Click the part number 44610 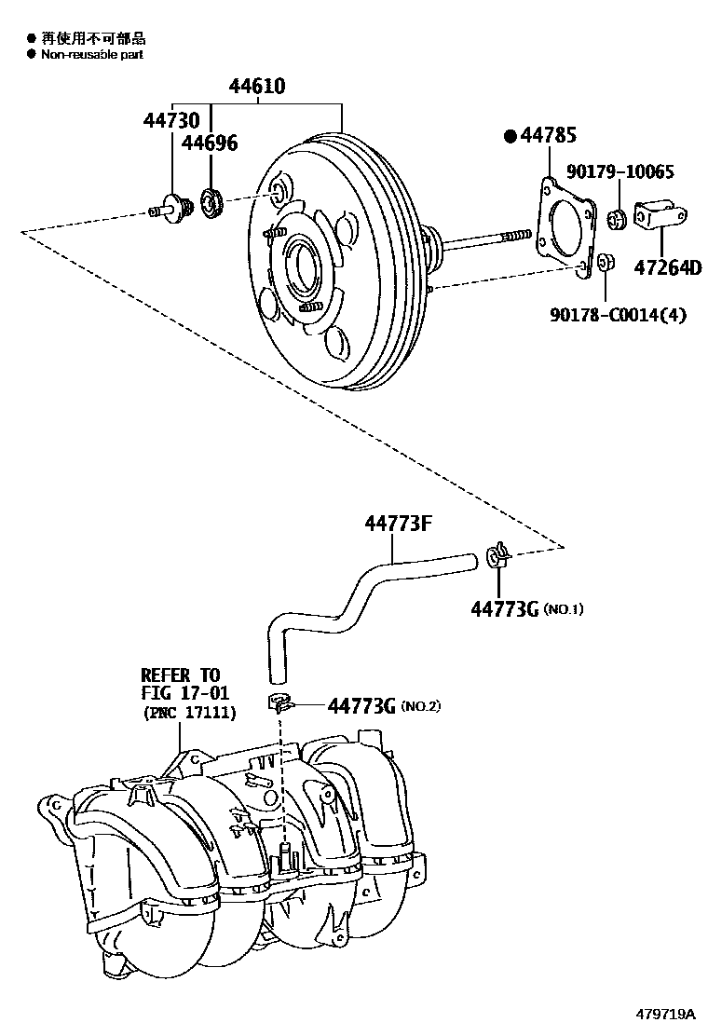click(258, 88)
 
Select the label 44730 click(171, 122)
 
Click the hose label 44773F click(398, 524)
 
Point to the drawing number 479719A click(666, 1013)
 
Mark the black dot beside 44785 click(510, 137)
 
